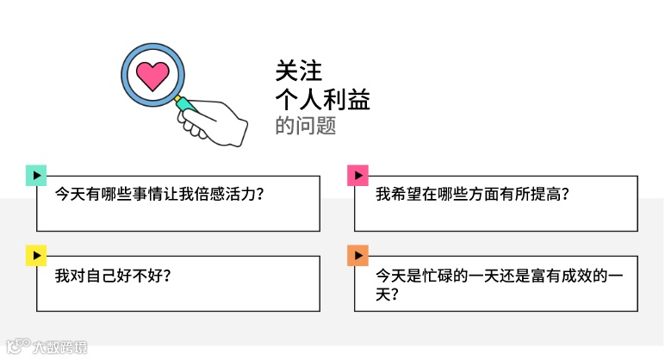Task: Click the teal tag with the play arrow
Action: (x=36, y=175)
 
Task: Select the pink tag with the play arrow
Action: (x=357, y=175)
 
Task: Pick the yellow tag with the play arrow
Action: (x=36, y=255)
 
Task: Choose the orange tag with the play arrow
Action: (x=357, y=255)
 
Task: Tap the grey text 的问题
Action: (x=305, y=126)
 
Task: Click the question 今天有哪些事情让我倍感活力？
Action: (x=158, y=195)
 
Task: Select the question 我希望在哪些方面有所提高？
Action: (x=474, y=195)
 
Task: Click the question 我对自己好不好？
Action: (x=112, y=276)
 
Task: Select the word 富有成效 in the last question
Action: (x=556, y=276)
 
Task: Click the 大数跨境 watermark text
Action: (x=59, y=348)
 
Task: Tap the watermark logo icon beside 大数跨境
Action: (x=16, y=348)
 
